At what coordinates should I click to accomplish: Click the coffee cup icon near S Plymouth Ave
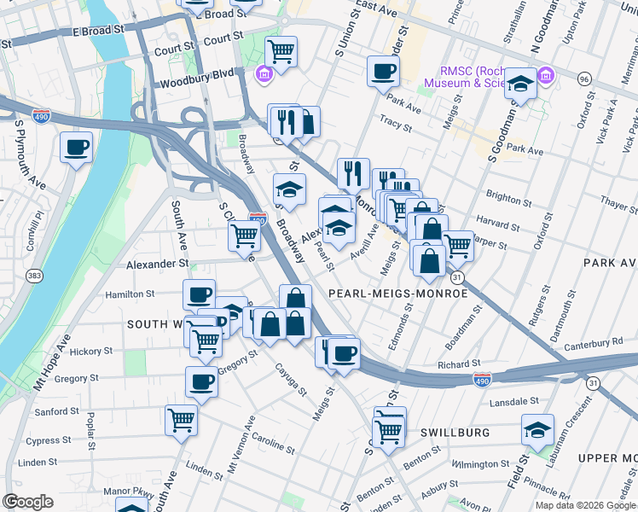click(76, 148)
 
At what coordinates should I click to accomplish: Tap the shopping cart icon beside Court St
click(281, 51)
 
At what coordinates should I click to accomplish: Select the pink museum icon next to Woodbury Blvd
click(264, 75)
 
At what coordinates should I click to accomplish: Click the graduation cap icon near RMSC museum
click(520, 84)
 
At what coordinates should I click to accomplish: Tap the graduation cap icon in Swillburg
click(537, 430)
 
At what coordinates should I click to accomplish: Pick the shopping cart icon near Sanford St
click(182, 419)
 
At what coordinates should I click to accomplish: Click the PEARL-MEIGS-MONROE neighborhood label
click(398, 294)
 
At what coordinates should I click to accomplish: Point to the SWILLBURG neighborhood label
click(455, 433)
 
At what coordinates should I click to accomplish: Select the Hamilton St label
click(129, 294)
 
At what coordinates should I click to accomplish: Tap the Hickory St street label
click(90, 351)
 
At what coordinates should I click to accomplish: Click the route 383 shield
click(33, 276)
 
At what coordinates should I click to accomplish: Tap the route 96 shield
click(583, 79)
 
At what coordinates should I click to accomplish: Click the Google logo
click(27, 502)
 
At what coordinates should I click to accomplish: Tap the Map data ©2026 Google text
click(583, 505)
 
